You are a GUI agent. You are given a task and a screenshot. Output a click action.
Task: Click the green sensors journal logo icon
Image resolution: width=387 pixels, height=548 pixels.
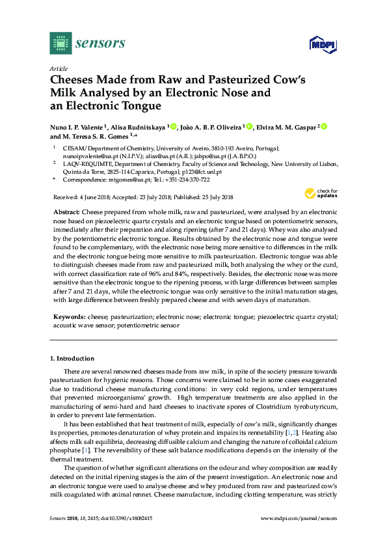(x=60, y=44)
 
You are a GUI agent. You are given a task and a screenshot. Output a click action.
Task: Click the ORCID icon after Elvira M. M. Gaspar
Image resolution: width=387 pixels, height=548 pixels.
(x=324, y=126)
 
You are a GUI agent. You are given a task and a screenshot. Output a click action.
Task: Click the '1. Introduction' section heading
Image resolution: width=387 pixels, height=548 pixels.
(x=72, y=359)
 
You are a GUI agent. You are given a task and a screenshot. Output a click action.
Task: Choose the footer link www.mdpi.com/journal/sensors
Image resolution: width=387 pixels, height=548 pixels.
(x=299, y=518)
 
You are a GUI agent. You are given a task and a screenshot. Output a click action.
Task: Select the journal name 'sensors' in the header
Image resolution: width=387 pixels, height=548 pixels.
(x=100, y=44)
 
